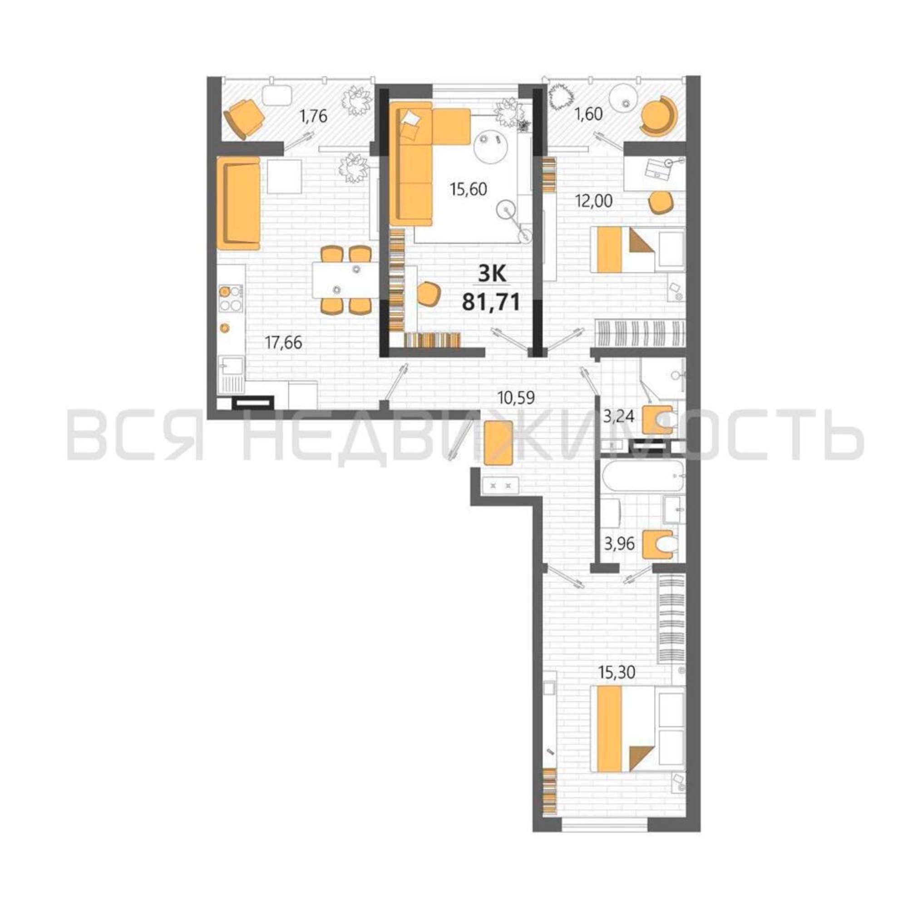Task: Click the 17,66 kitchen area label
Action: (x=283, y=343)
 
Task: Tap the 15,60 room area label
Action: (x=468, y=189)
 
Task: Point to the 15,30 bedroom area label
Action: (x=617, y=685)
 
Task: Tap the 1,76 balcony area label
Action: (x=313, y=116)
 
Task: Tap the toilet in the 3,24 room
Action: (x=660, y=418)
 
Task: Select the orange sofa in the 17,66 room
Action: (x=238, y=203)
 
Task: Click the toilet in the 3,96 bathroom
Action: (x=660, y=545)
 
